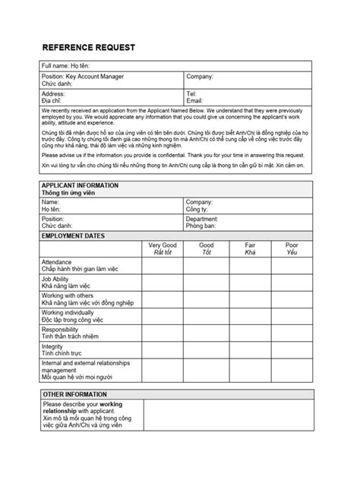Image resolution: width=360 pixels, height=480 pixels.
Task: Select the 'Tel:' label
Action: [191, 93]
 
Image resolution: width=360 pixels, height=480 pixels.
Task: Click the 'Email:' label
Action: [194, 100]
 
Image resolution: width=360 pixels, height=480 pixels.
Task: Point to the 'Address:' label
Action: [54, 93]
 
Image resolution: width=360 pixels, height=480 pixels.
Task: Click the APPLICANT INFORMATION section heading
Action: [80, 185]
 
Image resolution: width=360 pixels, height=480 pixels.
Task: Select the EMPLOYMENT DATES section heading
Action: [73, 236]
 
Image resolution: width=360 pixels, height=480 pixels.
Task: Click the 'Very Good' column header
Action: [163, 245]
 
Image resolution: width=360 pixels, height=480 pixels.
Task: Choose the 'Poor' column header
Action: [292, 245]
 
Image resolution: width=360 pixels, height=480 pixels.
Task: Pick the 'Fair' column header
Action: [250, 245]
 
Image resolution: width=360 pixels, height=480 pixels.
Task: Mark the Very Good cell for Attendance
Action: [163, 265]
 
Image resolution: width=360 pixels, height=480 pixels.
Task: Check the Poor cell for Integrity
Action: [292, 349]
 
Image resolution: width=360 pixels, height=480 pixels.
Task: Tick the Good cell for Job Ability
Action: [206, 282]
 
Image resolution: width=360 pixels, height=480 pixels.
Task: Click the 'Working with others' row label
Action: [68, 295]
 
